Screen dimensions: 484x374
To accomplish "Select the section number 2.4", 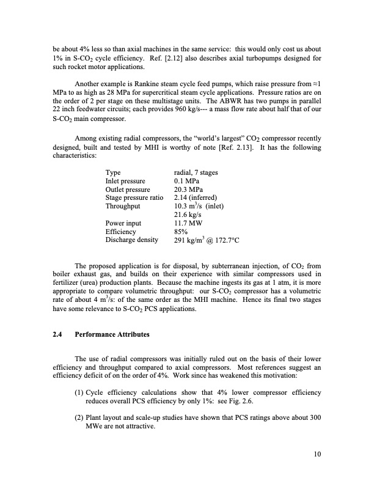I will point(58,335).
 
